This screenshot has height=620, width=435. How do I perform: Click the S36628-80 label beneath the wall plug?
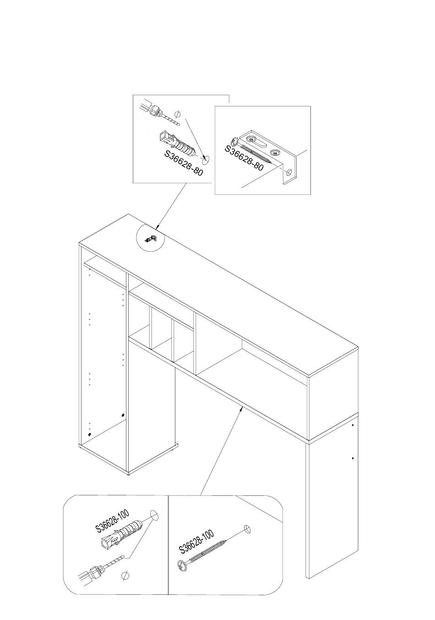[x=184, y=163]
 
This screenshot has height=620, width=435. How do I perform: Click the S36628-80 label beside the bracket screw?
[x=244, y=158]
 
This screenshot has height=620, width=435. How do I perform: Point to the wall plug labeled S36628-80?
[x=178, y=144]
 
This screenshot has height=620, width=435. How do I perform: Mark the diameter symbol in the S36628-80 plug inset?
[x=179, y=114]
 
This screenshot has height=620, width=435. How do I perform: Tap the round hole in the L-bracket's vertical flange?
[x=289, y=172]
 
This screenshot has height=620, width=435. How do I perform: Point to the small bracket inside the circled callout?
[x=151, y=239]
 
